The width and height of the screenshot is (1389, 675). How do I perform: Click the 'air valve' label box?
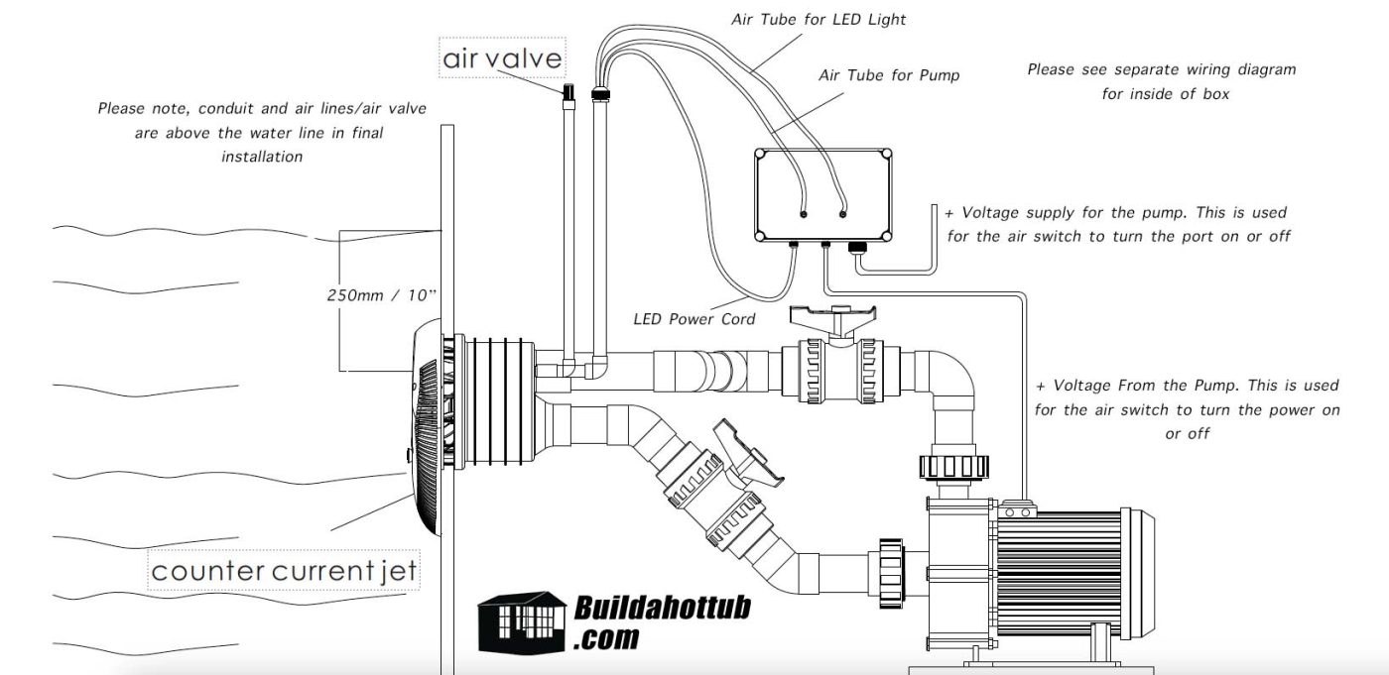click(x=502, y=58)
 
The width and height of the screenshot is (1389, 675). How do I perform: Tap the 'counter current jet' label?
click(x=284, y=571)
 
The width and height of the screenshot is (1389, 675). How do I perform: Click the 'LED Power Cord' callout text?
click(x=694, y=319)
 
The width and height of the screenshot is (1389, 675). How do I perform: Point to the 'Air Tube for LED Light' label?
click(x=819, y=19)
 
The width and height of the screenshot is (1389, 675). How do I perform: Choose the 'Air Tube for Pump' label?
click(x=889, y=74)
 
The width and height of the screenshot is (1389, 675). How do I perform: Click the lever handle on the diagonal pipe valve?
click(x=749, y=451)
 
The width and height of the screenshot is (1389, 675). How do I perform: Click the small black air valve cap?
click(x=569, y=91)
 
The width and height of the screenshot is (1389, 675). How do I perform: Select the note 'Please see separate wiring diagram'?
click(x=1161, y=69)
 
